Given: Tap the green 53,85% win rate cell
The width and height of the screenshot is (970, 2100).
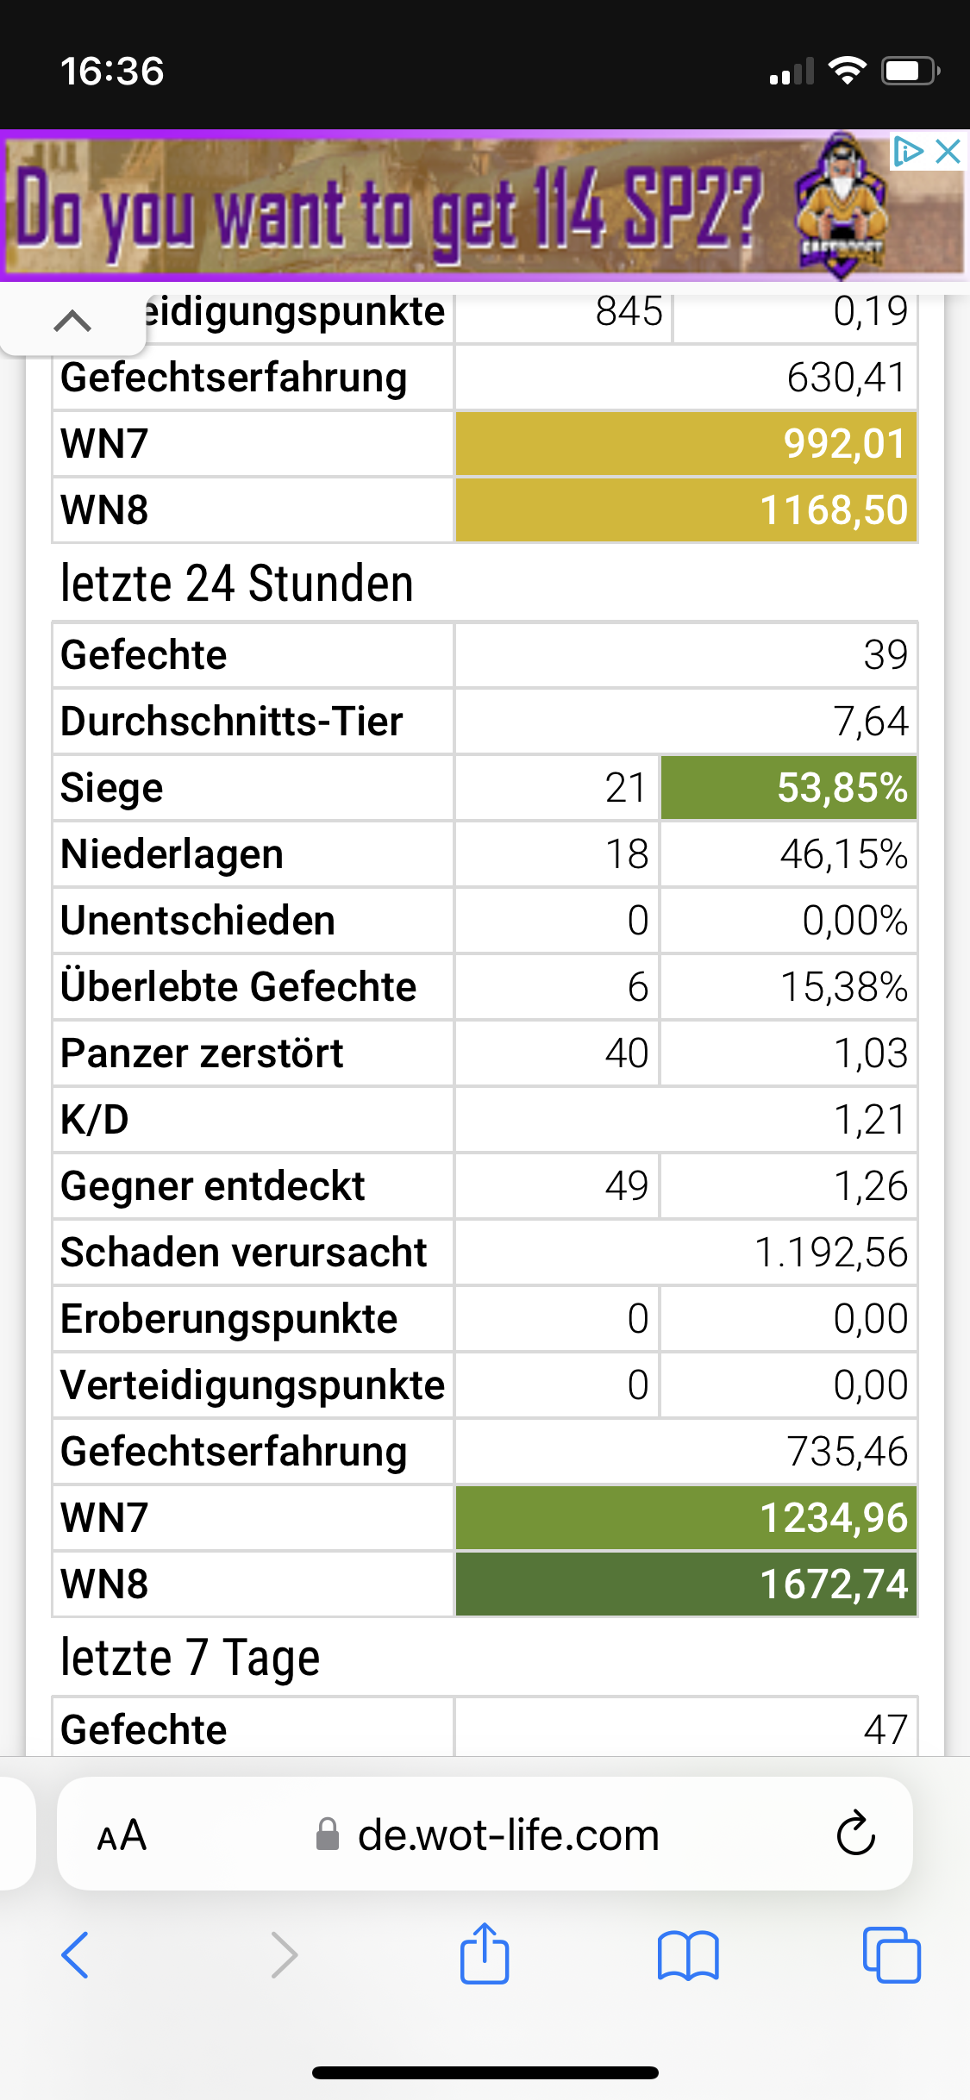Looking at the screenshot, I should tap(788, 788).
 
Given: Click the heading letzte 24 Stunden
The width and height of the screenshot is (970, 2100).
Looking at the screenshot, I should tap(237, 584).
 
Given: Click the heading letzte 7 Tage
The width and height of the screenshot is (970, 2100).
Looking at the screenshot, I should tap(191, 1658).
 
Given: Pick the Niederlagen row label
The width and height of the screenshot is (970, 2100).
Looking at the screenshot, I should tap(172, 854).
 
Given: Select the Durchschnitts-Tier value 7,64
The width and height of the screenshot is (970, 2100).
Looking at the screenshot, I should tap(870, 722).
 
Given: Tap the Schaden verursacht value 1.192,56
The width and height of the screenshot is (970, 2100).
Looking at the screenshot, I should tap(830, 1253).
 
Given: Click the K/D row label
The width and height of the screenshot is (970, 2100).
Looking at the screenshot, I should tap(95, 1120).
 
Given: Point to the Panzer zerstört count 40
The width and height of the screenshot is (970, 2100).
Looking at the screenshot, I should tap(627, 1053).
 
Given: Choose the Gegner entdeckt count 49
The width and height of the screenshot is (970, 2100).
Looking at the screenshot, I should tap(627, 1186).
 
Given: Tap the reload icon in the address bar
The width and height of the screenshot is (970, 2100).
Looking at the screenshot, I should tap(855, 1833).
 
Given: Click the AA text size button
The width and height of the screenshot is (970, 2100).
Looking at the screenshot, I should tap(122, 1834).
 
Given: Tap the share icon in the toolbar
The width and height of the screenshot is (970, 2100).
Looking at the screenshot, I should tap(485, 1954).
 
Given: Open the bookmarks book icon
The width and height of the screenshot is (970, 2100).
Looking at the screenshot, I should tap(687, 1955).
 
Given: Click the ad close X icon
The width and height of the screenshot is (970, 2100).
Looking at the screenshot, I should tap(948, 152).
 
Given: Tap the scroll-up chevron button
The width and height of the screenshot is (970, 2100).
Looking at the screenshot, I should tap(72, 321).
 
